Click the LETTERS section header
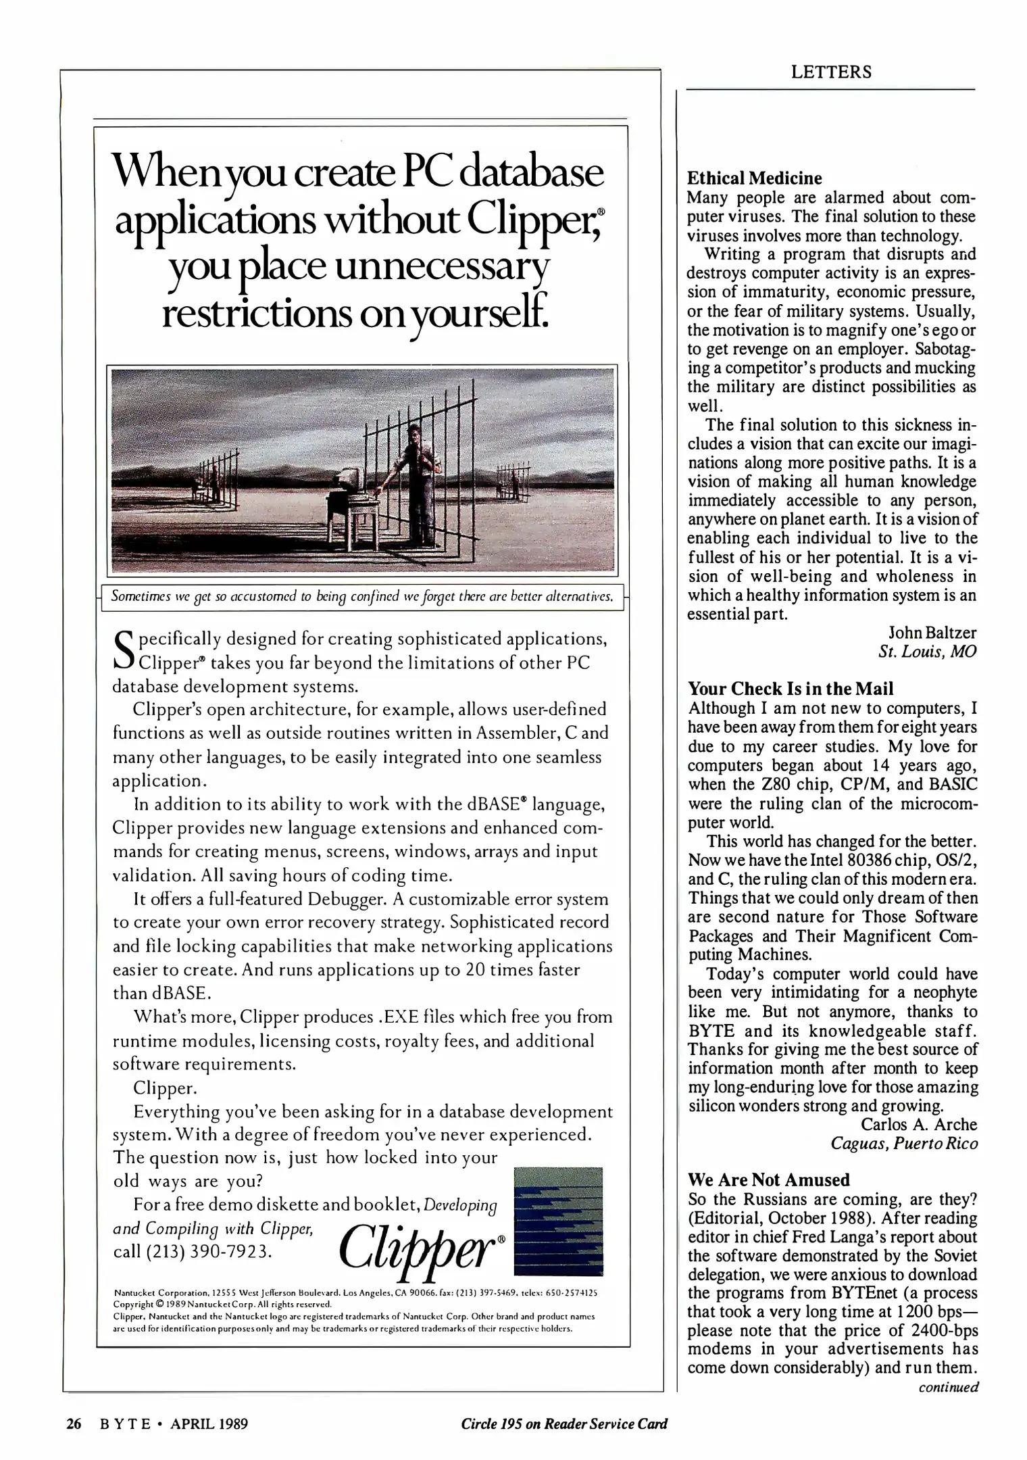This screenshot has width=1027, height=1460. pos(831,72)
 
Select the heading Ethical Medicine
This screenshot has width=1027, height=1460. pos(754,178)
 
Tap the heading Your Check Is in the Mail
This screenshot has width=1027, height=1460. pos(790,689)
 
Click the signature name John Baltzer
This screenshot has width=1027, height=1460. pos(932,633)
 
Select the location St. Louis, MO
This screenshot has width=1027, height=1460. pos(927,652)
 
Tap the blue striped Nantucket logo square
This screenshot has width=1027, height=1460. pos(558,1221)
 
